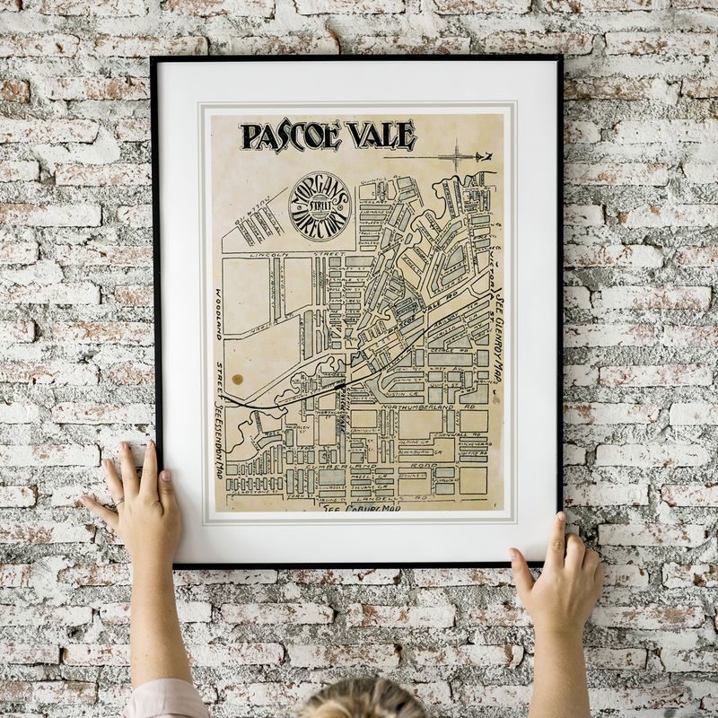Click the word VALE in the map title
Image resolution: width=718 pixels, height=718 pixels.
pyautogui.click(x=380, y=135)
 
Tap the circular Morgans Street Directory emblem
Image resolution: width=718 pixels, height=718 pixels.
pyautogui.click(x=320, y=206)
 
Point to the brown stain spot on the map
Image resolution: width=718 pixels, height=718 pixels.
pyautogui.click(x=237, y=380)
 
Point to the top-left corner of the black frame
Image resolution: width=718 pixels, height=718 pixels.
pyautogui.click(x=153, y=58)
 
